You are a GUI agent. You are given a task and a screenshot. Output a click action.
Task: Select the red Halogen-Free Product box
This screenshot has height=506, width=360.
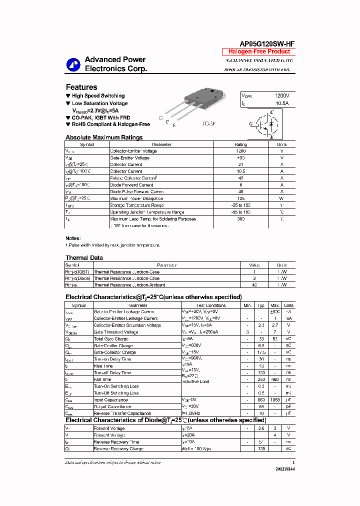point(259,51)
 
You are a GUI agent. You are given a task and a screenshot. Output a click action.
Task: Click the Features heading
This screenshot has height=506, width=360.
point(81,87)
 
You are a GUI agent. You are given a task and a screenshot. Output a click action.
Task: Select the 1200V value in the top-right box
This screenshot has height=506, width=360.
point(281,95)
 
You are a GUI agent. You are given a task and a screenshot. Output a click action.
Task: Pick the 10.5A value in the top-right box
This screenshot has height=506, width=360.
point(281,103)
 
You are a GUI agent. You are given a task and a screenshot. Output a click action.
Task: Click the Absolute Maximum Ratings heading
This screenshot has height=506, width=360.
point(104,137)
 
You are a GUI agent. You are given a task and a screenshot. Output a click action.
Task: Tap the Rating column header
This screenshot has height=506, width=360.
point(240,144)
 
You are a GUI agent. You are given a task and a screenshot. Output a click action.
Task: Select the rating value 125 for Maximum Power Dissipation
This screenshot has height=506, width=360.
point(240,198)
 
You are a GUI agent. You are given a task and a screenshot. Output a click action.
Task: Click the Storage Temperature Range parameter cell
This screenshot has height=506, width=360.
point(136,205)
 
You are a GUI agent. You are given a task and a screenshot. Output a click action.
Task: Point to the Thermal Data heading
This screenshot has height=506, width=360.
point(84,257)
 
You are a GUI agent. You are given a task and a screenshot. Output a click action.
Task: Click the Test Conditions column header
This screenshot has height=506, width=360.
point(210,305)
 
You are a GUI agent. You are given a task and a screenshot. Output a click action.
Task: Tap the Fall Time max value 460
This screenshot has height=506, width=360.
point(275,379)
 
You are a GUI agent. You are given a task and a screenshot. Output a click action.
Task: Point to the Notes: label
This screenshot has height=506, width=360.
point(73,238)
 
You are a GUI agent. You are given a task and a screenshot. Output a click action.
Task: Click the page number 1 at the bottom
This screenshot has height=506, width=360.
point(293,462)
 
